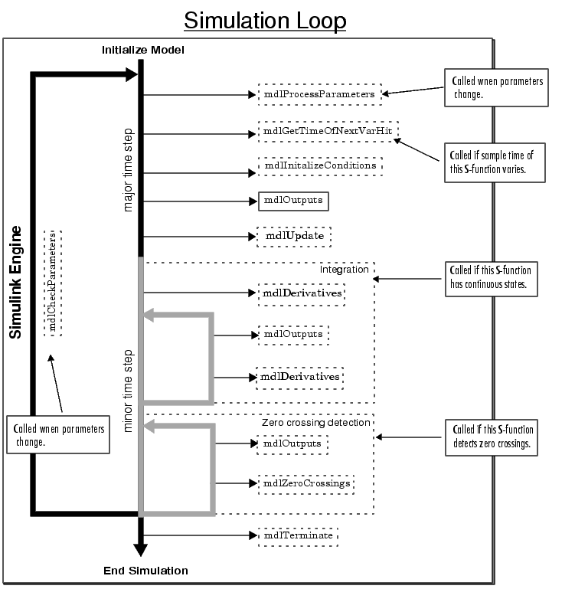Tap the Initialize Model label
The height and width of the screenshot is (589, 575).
pyautogui.click(x=143, y=50)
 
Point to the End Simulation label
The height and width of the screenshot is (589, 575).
pyautogui.click(x=145, y=571)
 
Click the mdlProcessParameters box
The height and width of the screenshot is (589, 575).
pyautogui.click(x=319, y=95)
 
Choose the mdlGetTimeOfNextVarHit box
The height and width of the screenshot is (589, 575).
pyautogui.click(x=329, y=133)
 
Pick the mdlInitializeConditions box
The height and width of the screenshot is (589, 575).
pyautogui.click(x=320, y=165)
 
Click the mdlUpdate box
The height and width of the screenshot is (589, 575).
pyautogui.click(x=295, y=236)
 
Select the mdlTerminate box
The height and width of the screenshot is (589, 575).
pyautogui.click(x=298, y=535)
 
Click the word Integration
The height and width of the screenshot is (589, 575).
pyautogui.click(x=344, y=270)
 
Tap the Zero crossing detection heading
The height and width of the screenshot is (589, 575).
pyautogui.click(x=316, y=422)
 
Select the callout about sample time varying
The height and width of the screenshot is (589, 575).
pyautogui.click(x=495, y=161)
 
